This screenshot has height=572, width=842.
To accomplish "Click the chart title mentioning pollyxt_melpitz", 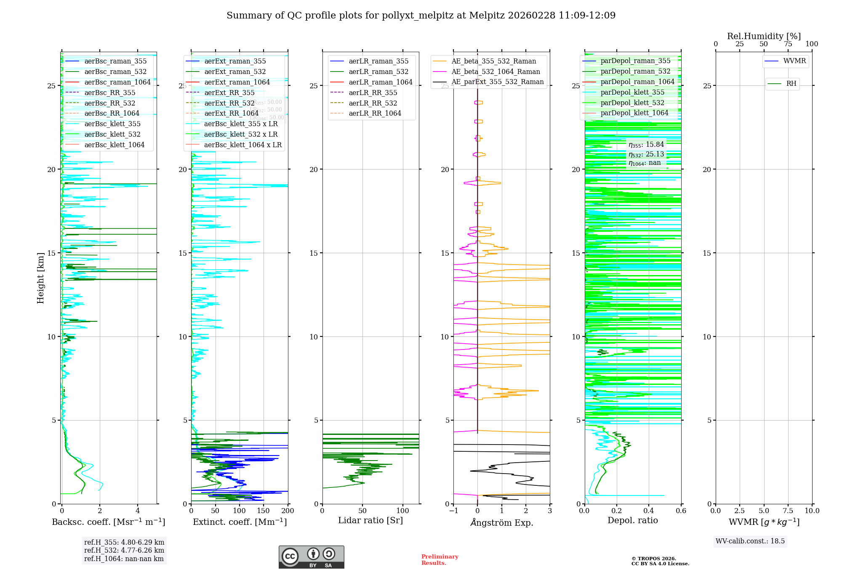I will [x=421, y=16].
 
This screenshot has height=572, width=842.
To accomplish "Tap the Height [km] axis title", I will [x=40, y=278].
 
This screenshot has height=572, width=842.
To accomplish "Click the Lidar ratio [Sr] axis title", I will [x=370, y=521].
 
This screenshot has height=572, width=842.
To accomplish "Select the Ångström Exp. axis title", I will [x=502, y=523].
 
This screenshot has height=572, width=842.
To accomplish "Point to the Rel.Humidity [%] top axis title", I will [x=764, y=36].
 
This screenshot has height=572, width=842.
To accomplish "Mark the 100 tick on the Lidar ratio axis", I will [x=403, y=511].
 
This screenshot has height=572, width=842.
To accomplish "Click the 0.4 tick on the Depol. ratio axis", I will [x=649, y=511].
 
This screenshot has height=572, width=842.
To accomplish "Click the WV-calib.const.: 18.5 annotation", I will [x=750, y=541].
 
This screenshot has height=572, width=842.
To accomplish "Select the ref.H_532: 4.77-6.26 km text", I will [x=124, y=551].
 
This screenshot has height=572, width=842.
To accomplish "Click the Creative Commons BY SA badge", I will [x=311, y=557].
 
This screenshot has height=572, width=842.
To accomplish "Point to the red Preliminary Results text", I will [x=440, y=560].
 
